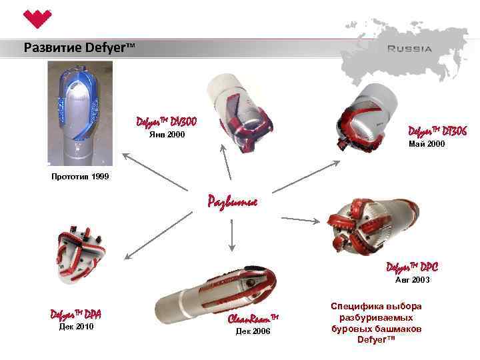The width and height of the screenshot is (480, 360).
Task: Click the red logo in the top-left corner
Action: tap(34, 19)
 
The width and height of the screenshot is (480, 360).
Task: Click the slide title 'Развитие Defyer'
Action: tap(79, 48)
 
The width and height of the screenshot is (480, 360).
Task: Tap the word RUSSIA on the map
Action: tap(409, 48)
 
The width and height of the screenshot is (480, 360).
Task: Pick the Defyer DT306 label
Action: tap(437, 131)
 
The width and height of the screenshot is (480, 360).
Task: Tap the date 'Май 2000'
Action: tap(426, 144)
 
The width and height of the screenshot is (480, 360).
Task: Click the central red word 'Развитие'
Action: tap(232, 201)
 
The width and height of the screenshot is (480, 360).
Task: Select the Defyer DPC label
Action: tap(412, 267)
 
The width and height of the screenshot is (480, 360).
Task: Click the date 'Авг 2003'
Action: tap(413, 280)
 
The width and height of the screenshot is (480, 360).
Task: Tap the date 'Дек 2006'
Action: tap(253, 331)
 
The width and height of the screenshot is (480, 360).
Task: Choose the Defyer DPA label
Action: tap(75, 313)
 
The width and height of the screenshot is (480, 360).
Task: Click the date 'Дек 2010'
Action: tap(75, 327)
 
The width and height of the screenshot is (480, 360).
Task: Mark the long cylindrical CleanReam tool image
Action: tap(214, 297)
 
